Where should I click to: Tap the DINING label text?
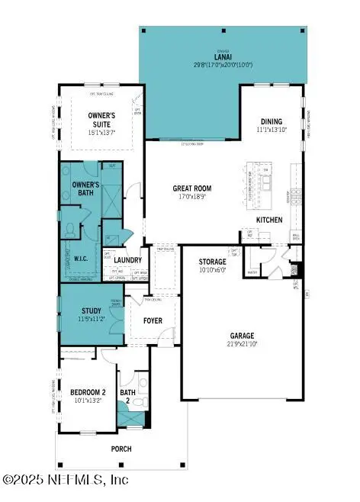[271, 121]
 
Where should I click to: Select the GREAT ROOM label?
[191, 188]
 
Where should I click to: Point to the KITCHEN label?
[269, 220]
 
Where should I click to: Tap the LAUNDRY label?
[128, 259]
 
